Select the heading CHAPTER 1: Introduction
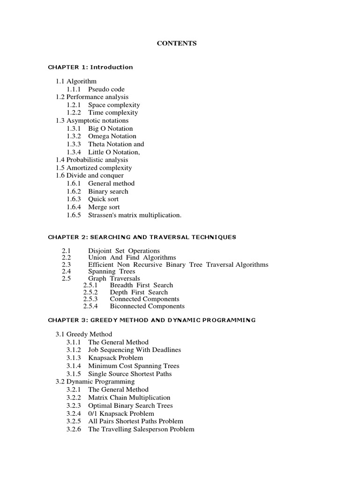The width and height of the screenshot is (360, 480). click(x=90, y=67)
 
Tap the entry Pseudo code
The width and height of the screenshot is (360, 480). click(x=106, y=89)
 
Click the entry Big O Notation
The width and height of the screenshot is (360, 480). click(x=110, y=128)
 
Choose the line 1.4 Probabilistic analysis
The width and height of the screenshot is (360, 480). click(x=92, y=160)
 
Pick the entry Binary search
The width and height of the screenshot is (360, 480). click(x=108, y=191)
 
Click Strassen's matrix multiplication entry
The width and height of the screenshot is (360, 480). click(x=135, y=215)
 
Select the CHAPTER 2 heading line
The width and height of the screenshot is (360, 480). click(x=142, y=237)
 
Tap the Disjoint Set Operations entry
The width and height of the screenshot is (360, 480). click(x=124, y=251)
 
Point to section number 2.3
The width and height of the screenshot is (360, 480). click(x=66, y=264)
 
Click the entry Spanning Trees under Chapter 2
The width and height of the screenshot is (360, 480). click(x=112, y=271)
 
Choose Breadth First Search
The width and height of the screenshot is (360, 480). click(x=141, y=285)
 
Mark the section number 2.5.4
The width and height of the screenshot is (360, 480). click(x=90, y=306)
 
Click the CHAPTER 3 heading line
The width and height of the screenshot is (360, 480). click(x=152, y=320)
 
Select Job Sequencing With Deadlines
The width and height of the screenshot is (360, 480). click(x=134, y=350)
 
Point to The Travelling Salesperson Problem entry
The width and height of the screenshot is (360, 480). click(x=141, y=429)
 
